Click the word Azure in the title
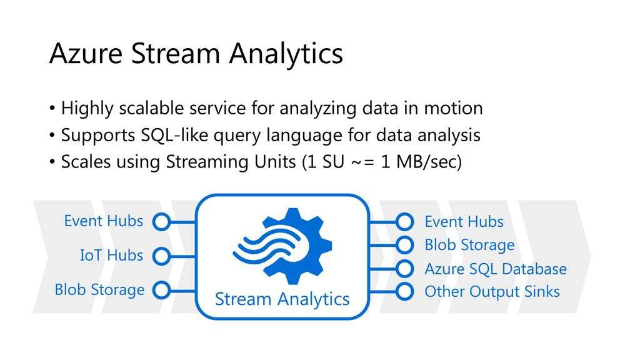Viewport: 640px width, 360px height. pyautogui.click(x=86, y=53)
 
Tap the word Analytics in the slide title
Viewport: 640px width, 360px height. pyautogui.click(x=286, y=55)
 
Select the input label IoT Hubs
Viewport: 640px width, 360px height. pyautogui.click(x=111, y=255)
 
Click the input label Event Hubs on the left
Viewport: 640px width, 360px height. pyautogui.click(x=104, y=221)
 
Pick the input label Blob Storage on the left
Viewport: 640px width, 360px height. pyautogui.click(x=99, y=290)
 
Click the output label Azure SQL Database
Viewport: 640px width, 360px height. pyautogui.click(x=496, y=269)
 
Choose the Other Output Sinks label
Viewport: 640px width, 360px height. pyautogui.click(x=492, y=292)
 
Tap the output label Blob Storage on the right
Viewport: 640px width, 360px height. pyautogui.click(x=469, y=245)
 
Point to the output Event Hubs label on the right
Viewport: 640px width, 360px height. pyautogui.click(x=464, y=222)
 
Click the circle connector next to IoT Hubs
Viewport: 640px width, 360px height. pyautogui.click(x=162, y=256)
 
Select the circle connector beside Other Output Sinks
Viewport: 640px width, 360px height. pyautogui.click(x=404, y=291)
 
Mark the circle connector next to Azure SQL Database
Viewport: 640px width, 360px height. pyautogui.click(x=404, y=269)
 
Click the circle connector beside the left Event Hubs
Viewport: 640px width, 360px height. pyautogui.click(x=162, y=222)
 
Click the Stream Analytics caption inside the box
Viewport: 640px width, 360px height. pyautogui.click(x=282, y=299)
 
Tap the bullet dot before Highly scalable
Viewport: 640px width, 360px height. pyautogui.click(x=52, y=109)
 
